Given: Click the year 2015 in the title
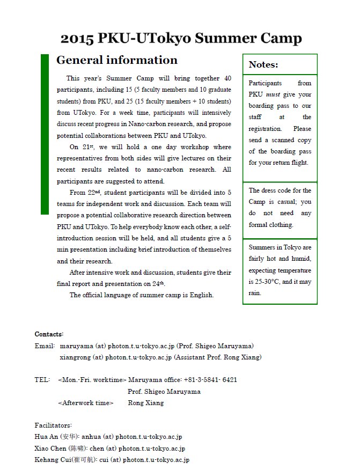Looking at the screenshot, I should [x=77, y=39].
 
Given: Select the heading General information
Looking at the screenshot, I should [x=116, y=60].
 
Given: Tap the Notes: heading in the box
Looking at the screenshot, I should [x=263, y=65].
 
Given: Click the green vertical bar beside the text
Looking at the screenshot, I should [x=45, y=134].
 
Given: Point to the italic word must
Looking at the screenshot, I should [x=273, y=94].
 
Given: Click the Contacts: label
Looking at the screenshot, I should [x=49, y=334].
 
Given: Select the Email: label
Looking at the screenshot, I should [x=45, y=346].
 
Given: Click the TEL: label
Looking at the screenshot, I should [x=42, y=380].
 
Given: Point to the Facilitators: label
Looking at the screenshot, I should [x=53, y=425].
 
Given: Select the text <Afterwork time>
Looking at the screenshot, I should [x=85, y=403].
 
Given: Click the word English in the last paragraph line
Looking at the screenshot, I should [x=202, y=295].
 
